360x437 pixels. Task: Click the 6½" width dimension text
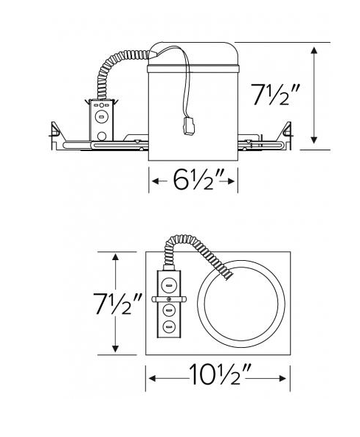point(194,180)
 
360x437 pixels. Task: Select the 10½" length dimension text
point(218,377)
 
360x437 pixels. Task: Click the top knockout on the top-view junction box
point(168,283)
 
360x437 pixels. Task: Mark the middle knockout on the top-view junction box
point(168,311)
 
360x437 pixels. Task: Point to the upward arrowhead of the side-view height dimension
point(315,50)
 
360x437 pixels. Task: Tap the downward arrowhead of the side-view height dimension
point(315,139)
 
